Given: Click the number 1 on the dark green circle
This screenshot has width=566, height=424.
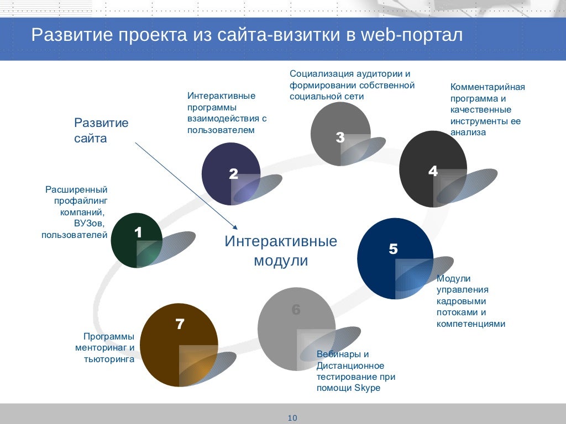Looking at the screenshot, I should [138, 233].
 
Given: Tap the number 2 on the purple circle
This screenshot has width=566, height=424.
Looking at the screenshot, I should [233, 174].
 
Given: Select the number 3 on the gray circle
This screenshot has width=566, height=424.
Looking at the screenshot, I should [340, 138].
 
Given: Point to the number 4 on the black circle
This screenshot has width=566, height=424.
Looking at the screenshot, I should [433, 171].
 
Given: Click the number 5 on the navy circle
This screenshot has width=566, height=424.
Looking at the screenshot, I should [393, 249].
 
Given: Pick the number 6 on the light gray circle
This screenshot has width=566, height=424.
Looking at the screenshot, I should [296, 310].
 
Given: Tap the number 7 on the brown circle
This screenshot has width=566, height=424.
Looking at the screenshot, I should [180, 324].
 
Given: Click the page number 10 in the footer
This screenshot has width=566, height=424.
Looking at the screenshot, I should [293, 418].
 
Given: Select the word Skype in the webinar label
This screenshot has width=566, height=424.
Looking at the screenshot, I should [368, 388].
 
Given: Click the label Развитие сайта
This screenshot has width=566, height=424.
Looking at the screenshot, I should [101, 130].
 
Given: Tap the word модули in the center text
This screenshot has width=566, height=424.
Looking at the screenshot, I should [281, 261].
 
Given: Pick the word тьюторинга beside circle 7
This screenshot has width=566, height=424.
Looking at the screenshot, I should [109, 359].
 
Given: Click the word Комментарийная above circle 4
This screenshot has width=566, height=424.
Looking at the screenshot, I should [488, 87].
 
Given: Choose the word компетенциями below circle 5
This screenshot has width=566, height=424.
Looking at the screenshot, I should [471, 324].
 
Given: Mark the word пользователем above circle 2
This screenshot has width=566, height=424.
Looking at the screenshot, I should [221, 130].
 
